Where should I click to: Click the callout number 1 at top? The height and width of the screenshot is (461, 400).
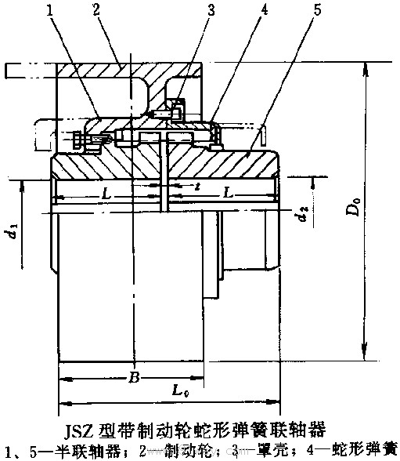pos(49,11)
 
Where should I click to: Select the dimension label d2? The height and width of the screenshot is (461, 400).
pos(304,213)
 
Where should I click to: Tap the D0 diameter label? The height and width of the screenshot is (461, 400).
pos(355,207)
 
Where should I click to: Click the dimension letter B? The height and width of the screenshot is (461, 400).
pos(134,377)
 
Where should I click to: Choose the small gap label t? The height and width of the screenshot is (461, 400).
pos(198,186)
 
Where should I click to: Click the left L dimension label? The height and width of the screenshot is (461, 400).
pos(106,194)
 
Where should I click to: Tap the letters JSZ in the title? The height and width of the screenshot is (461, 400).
pos(79,430)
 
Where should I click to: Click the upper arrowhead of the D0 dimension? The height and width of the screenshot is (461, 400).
pos(366,69)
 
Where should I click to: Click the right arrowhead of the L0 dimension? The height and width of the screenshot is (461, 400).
pos(272,401)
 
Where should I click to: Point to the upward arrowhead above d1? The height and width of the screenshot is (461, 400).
pos(22,187)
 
